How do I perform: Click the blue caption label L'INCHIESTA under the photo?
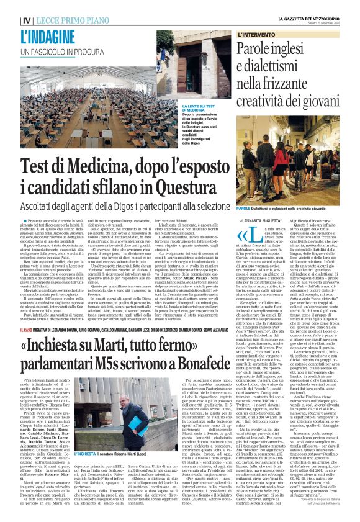(89, 471)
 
